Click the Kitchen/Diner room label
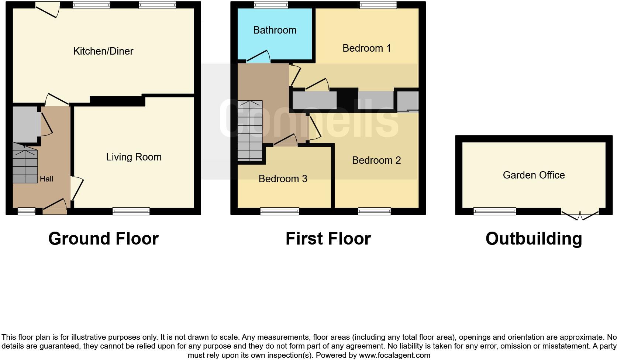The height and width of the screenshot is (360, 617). pyautogui.click(x=103, y=51)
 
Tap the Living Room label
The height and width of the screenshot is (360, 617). pyautogui.click(x=134, y=157)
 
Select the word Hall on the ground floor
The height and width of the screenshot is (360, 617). pyautogui.click(x=46, y=179)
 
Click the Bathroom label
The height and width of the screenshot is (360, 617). pyautogui.click(x=275, y=30)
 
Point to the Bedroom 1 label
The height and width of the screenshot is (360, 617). pyautogui.click(x=366, y=48)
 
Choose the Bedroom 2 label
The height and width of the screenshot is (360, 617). pyautogui.click(x=376, y=160)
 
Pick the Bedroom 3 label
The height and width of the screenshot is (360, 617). pyautogui.click(x=283, y=179)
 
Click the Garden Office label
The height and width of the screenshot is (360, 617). pyautogui.click(x=534, y=175)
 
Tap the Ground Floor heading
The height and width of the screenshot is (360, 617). pyautogui.click(x=103, y=239)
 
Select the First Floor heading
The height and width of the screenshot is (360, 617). pyautogui.click(x=328, y=239)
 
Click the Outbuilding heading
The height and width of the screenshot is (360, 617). pyautogui.click(x=534, y=239)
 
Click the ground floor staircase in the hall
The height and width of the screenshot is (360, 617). pyautogui.click(x=25, y=164)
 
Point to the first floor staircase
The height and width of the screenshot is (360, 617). pyautogui.click(x=250, y=131)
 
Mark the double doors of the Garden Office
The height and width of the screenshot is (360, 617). pyautogui.click(x=579, y=215)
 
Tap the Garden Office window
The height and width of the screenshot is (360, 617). pyautogui.click(x=494, y=211)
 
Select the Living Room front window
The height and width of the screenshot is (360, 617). pyautogui.click(x=131, y=211)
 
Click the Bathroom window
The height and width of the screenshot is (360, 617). pyautogui.click(x=271, y=5)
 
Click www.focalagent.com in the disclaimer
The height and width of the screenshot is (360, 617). pyautogui.click(x=394, y=355)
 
